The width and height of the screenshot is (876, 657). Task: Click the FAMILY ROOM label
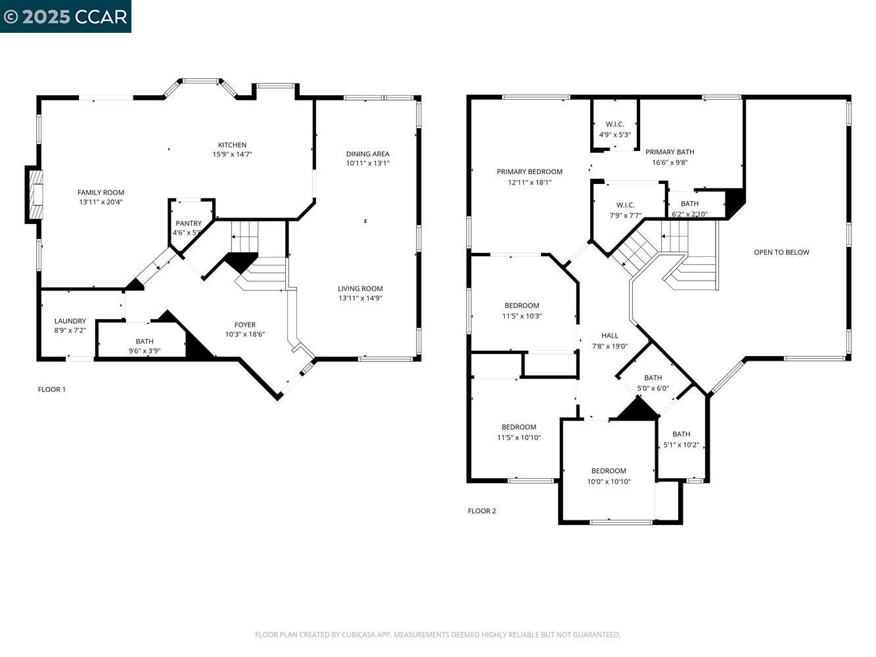point(101,193)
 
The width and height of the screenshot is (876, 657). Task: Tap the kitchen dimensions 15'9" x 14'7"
point(232,154)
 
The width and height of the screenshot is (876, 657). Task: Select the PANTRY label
point(189,223)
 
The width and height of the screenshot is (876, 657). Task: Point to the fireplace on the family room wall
point(35,194)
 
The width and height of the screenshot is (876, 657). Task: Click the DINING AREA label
point(367,154)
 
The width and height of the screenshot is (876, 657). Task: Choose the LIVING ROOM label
point(360,288)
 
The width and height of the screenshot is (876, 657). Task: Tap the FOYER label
point(245,325)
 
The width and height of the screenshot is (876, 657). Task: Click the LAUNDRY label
point(70,321)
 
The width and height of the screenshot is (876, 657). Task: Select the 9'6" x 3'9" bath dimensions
point(145,351)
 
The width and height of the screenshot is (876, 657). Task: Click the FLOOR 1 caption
point(52,390)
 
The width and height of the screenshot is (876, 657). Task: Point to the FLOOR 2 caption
point(482,511)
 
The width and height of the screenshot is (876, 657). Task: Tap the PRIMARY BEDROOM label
point(529,172)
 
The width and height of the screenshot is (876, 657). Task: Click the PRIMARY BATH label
point(670,152)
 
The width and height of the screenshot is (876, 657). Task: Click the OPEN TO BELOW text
point(781,252)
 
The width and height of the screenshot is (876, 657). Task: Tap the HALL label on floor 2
point(609,336)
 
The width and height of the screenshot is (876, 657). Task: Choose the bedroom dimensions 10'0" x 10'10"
point(609,482)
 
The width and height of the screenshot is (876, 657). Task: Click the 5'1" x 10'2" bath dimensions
point(681,445)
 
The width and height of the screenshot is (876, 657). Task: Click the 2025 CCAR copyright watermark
point(66,16)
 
